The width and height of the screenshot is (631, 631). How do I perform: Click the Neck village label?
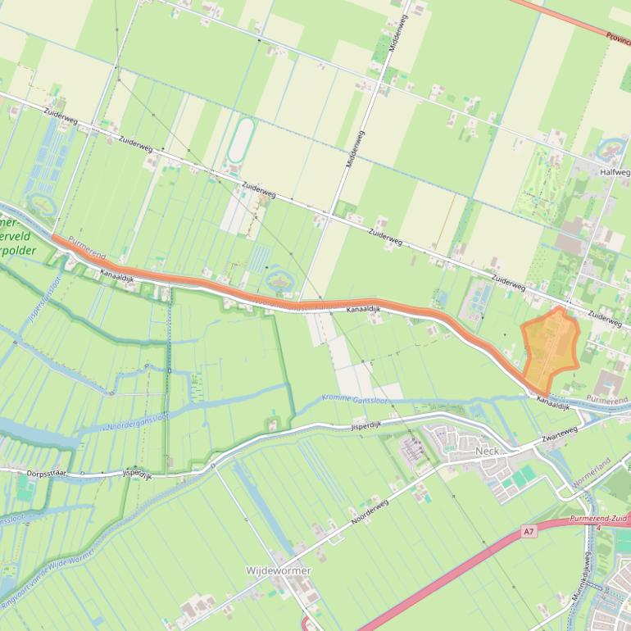point(487,452)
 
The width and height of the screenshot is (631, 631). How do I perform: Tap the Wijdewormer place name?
point(279,570)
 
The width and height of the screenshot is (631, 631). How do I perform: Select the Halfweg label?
point(615,172)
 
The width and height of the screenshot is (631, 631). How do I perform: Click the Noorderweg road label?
point(368,511)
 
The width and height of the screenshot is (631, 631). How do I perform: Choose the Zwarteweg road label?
point(560,434)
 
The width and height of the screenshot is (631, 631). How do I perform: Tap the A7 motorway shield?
point(529,532)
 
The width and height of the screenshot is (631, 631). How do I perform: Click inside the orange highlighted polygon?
point(549,348)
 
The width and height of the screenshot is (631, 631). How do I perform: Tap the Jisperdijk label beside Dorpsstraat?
point(137,474)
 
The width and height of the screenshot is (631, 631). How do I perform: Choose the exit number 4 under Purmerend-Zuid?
point(599,529)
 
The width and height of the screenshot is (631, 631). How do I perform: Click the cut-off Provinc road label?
point(617,37)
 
